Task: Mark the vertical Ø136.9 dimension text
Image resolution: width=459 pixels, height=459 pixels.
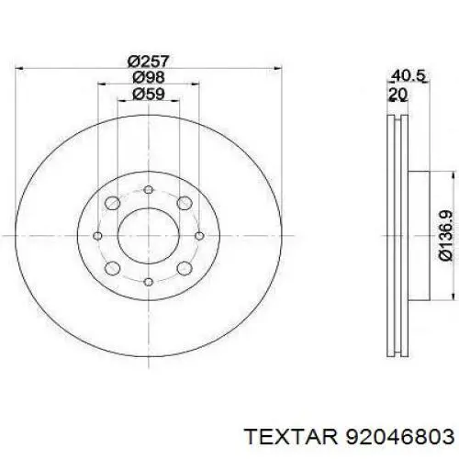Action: coord(446,236)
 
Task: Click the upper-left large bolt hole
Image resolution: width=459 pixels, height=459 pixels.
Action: coord(112,202)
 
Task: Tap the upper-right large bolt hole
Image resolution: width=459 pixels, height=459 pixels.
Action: coord(182,202)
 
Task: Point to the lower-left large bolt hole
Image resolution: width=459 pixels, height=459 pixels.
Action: coord(112,268)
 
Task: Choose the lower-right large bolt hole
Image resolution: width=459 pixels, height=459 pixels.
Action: coord(182,268)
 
